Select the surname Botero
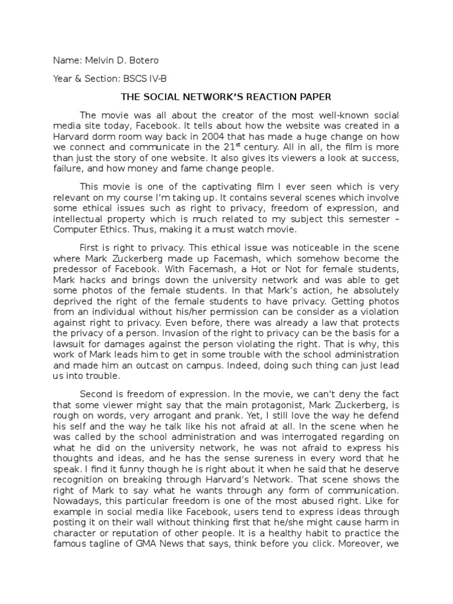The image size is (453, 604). coord(140,60)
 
